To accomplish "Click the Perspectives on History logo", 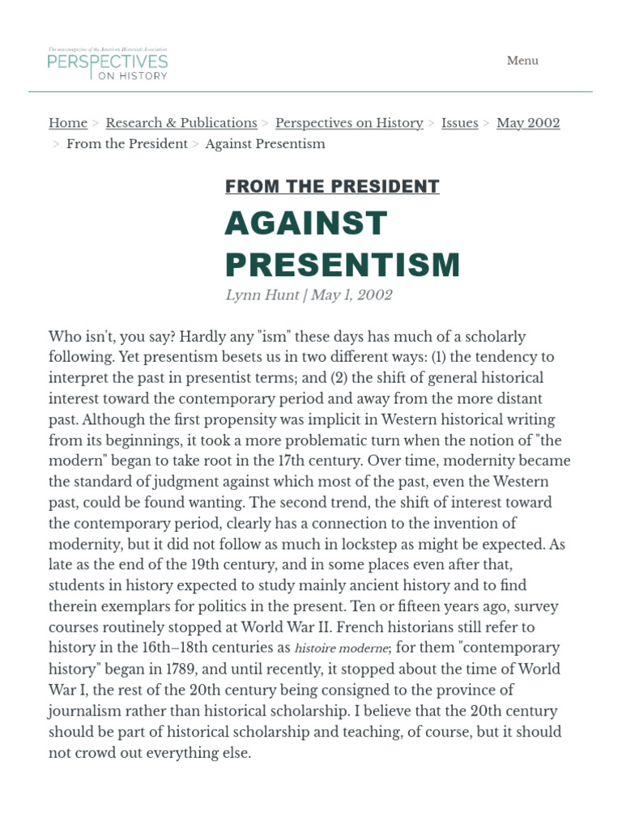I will click(108, 63).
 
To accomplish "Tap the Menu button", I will click(522, 61).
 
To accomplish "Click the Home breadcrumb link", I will click(68, 123).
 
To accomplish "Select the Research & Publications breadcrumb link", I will click(181, 123).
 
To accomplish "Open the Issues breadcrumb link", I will click(459, 123).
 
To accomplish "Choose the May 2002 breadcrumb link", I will click(528, 123).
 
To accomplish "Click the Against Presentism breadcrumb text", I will click(265, 144).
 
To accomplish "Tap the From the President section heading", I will click(332, 187).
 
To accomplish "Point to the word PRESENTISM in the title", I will click(342, 265).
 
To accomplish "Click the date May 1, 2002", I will click(352, 295).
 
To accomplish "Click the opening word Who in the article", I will click(64, 336).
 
